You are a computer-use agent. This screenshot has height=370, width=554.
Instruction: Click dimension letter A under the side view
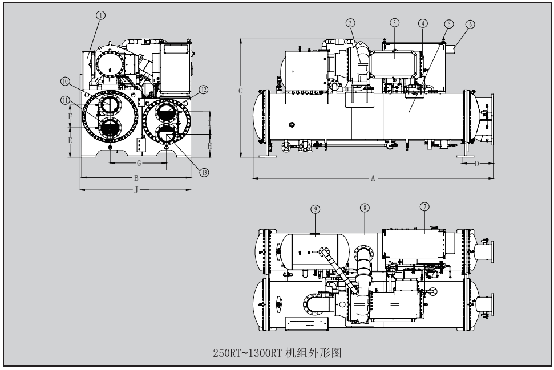pyautogui.click(x=373, y=178)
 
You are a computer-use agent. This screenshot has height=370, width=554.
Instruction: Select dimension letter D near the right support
pyautogui.click(x=477, y=164)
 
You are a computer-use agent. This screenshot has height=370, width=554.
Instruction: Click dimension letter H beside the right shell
pyautogui.click(x=209, y=146)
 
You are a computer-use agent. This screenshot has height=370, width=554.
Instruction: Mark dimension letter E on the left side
pyautogui.click(x=70, y=140)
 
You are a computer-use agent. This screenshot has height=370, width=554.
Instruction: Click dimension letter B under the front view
pyautogui.click(x=136, y=177)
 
